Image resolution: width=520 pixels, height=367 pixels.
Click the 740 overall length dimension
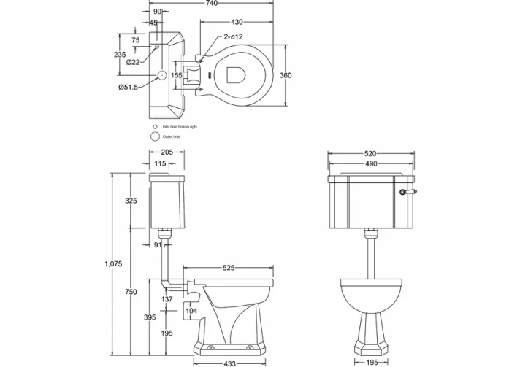[x=212, y=4]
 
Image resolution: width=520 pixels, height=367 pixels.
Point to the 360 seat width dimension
[x=286, y=75]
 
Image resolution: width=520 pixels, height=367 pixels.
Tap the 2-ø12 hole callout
[x=233, y=36]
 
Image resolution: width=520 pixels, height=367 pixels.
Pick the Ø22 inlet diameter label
[x=133, y=62]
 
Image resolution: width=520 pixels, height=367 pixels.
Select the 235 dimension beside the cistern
[x=120, y=55]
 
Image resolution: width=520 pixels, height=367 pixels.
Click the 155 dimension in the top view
[x=177, y=75]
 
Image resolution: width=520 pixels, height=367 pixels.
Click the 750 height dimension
[x=131, y=292]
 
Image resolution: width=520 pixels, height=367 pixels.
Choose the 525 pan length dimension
[x=228, y=269]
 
